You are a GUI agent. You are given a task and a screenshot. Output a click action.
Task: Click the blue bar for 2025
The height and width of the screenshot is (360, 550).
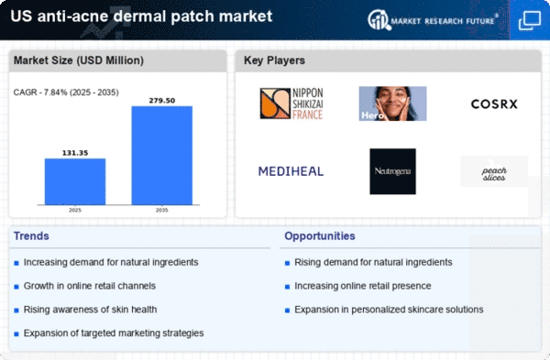pyautogui.click(x=75, y=181)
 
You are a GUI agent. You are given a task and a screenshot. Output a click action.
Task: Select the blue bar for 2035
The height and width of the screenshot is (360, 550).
pyautogui.click(x=161, y=156)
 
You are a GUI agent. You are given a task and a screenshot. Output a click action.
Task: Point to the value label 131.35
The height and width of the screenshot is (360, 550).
pyautogui.click(x=75, y=153)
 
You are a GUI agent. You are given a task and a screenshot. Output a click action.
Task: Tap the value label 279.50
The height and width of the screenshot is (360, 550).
pyautogui.click(x=161, y=101)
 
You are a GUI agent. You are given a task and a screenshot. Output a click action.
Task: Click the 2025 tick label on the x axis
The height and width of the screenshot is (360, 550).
pyautogui.click(x=75, y=210)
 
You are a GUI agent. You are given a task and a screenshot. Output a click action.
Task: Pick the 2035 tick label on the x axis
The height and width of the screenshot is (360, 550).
pyautogui.click(x=161, y=210)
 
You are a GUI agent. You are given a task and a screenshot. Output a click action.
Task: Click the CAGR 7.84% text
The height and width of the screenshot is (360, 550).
pyautogui.click(x=66, y=93)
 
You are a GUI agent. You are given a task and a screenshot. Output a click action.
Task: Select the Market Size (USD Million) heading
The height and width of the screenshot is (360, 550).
pyautogui.click(x=79, y=60)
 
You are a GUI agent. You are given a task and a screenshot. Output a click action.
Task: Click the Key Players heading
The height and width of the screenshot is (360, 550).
pyautogui.click(x=274, y=60)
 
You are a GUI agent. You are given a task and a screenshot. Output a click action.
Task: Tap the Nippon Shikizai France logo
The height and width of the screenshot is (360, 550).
pyautogui.click(x=291, y=104)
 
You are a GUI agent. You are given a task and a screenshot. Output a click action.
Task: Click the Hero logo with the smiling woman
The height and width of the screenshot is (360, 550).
pyautogui.click(x=392, y=104)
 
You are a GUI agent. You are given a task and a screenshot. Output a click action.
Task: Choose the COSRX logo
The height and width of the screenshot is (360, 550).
pyautogui.click(x=494, y=104)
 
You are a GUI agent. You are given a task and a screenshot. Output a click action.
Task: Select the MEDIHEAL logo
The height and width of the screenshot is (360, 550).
pyautogui.click(x=291, y=171)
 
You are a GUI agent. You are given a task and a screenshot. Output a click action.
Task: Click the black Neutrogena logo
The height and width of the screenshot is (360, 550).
pyautogui.click(x=392, y=171)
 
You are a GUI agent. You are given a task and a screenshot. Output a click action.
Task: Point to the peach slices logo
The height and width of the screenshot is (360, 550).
pyautogui.click(x=494, y=171)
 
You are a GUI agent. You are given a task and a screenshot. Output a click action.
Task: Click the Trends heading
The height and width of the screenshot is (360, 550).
pyautogui.click(x=31, y=236)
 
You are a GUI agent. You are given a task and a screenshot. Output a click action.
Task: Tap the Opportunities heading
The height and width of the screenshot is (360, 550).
pyautogui.click(x=320, y=236)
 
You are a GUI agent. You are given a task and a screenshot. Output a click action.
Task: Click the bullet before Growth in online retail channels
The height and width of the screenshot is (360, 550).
pyautogui.click(x=16, y=287)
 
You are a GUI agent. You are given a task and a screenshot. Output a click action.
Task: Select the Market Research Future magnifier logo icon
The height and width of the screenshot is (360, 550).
pyautogui.click(x=379, y=19)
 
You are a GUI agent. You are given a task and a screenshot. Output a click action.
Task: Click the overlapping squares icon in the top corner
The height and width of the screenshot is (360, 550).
pyautogui.click(x=529, y=20)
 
